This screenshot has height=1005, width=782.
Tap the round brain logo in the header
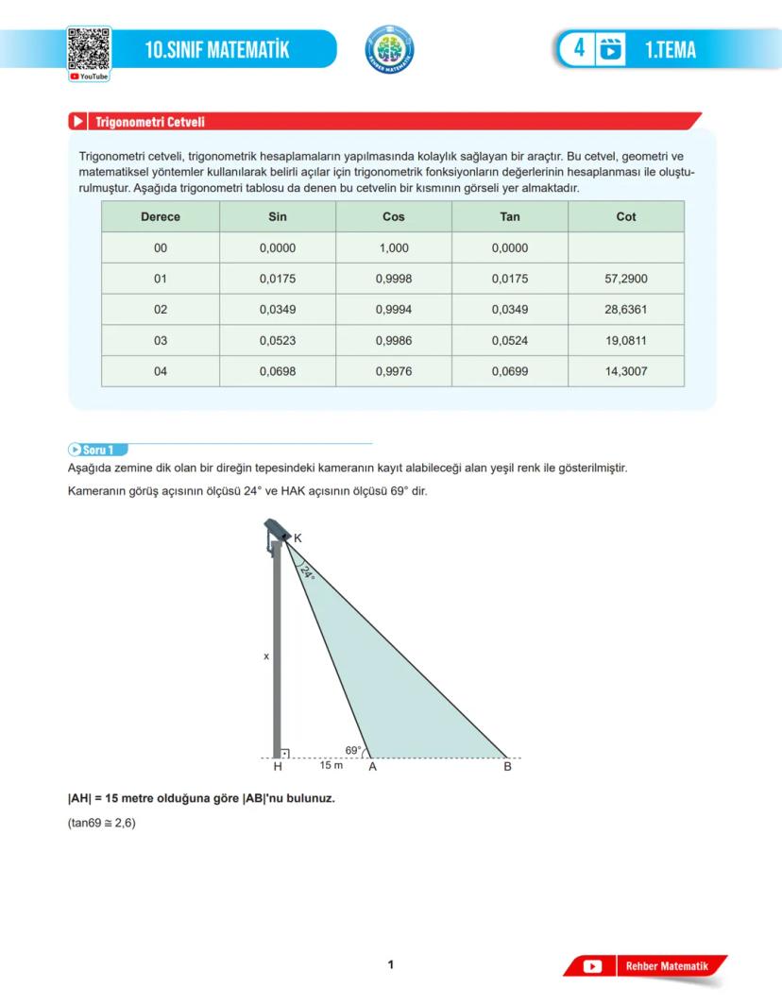[x=389, y=49]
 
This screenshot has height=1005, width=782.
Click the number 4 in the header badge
[x=579, y=48]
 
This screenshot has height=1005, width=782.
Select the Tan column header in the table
[x=510, y=216]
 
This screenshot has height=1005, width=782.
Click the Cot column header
[x=626, y=216]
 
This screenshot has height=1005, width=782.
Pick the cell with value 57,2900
[x=626, y=279]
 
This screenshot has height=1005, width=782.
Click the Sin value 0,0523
[x=278, y=340]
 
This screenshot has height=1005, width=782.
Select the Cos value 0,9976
[x=393, y=371]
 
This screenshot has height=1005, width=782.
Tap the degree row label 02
[x=161, y=310]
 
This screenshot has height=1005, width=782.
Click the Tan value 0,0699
[x=510, y=371]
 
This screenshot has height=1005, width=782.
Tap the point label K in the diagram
[x=298, y=538]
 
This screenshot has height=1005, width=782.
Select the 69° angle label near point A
[x=353, y=750]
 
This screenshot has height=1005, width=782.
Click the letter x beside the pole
[x=266, y=655]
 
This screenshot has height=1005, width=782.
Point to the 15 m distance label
[x=331, y=764]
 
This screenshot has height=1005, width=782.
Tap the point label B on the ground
[x=507, y=767]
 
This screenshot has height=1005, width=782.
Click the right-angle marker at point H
[x=284, y=754]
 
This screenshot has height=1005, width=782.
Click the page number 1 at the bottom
[x=391, y=964]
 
